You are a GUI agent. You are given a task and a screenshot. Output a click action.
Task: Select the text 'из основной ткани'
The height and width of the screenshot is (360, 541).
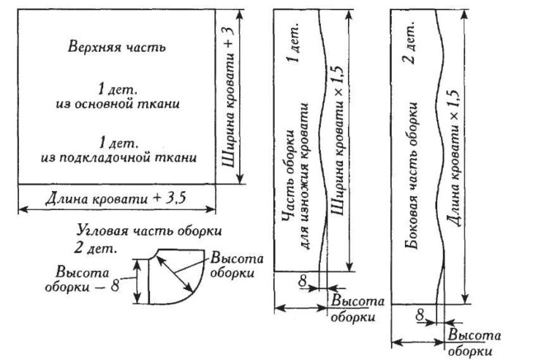pyautogui.click(x=117, y=104)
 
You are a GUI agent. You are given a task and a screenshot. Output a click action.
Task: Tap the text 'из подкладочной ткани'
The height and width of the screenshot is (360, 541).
pyautogui.click(x=118, y=157)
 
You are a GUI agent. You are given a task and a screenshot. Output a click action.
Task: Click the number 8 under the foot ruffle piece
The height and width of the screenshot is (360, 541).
pyautogui.click(x=302, y=279)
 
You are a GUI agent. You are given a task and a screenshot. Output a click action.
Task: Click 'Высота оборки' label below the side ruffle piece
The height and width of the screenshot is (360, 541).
pyautogui.click(x=475, y=342)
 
